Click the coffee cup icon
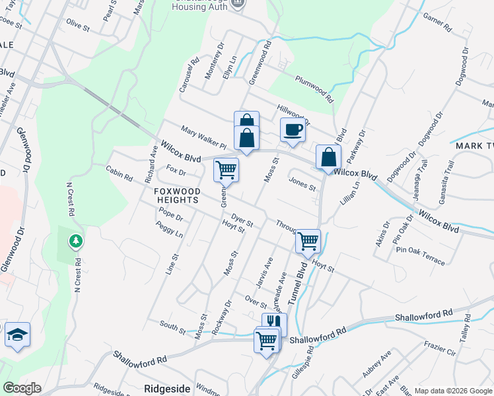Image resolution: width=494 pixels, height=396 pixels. (x=293, y=130)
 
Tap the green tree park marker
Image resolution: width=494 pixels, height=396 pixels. (x=77, y=241)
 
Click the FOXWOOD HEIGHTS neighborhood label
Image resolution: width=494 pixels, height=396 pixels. (x=176, y=195)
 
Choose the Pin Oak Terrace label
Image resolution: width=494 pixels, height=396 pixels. (x=421, y=255)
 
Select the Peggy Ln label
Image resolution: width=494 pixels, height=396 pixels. (x=169, y=230)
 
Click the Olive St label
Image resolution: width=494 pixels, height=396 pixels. (x=77, y=24)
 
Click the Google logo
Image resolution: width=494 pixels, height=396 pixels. (x=22, y=388)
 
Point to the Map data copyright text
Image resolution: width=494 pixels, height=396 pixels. (x=452, y=391)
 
